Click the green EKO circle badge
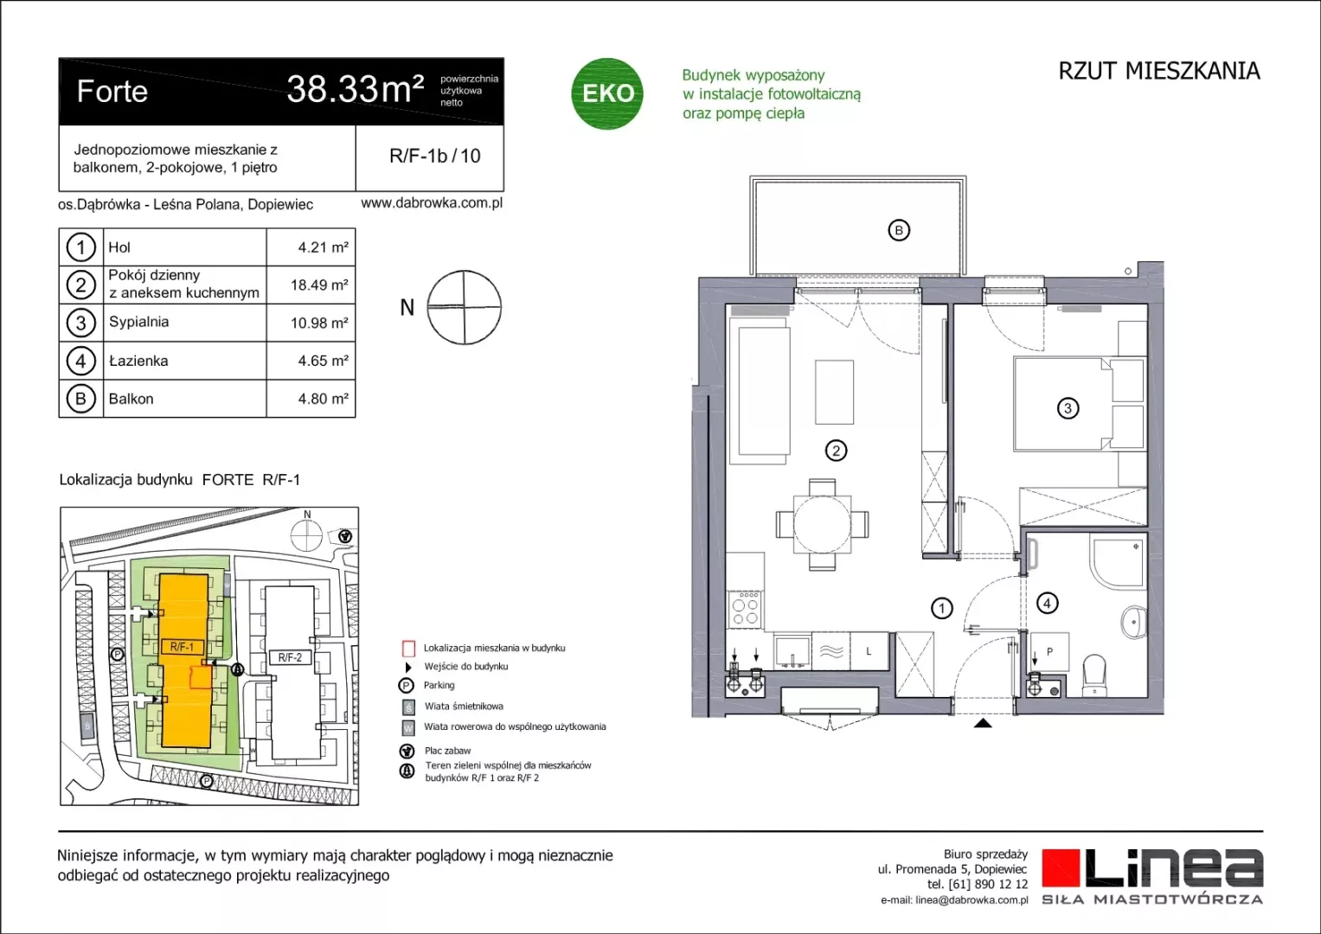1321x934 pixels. [606, 93]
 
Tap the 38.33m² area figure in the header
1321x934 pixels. [355, 89]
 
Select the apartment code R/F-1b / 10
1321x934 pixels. [435, 156]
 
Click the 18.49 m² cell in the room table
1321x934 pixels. [319, 285]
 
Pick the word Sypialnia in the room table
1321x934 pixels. [139, 322]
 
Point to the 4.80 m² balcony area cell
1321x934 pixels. [324, 399]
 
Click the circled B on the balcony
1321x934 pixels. [899, 230]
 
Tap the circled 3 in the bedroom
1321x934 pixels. [1068, 408]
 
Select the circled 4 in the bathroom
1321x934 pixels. [1047, 604]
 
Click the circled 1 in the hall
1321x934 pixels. [942, 608]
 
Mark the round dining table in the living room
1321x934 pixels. [822, 524]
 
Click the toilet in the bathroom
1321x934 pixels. [1094, 675]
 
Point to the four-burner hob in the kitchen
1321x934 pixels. [746, 610]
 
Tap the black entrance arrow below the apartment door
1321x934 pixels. [983, 723]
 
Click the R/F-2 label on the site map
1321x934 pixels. [290, 657]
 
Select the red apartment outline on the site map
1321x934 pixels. [201, 677]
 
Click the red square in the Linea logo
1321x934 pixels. [1061, 867]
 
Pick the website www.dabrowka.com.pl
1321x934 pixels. [432, 203]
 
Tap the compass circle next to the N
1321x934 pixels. [464, 307]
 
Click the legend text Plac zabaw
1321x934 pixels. [447, 751]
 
